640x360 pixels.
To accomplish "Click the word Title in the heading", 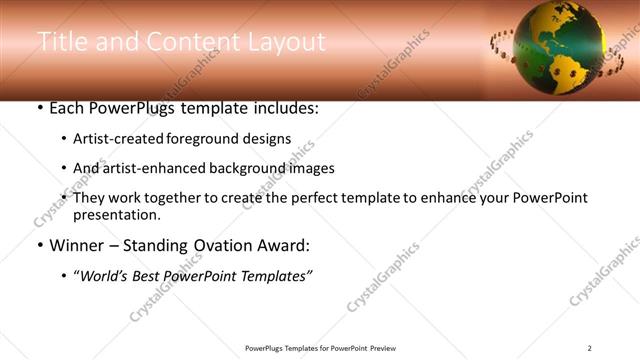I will (x=62, y=41).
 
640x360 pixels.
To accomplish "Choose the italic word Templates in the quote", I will (x=274, y=275).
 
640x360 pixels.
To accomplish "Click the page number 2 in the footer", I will (x=590, y=348).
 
